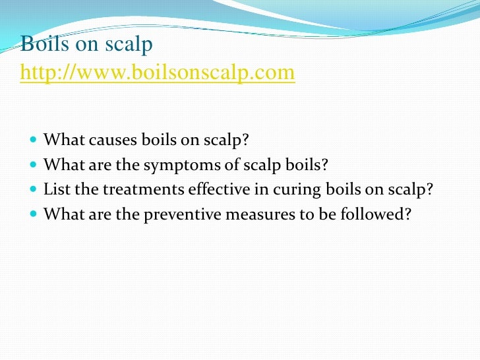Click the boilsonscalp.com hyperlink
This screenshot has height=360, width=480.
(x=158, y=72)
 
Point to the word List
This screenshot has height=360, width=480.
(x=55, y=190)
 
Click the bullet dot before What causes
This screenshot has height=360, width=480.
(x=34, y=141)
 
